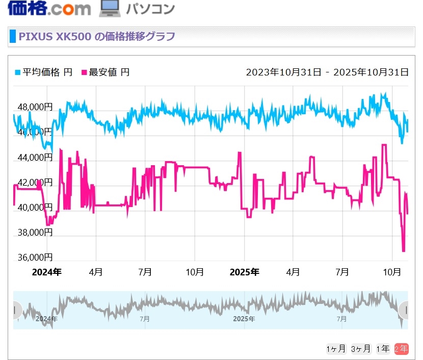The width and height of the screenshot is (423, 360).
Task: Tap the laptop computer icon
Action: tap(109, 8)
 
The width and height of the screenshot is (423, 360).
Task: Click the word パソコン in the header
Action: tap(150, 8)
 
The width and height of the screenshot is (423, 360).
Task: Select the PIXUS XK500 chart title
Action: tap(97, 37)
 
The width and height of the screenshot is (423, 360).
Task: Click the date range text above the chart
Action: tap(327, 72)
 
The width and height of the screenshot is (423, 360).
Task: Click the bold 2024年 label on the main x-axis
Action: tap(46, 272)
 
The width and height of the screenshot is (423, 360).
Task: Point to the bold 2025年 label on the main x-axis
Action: tap(245, 272)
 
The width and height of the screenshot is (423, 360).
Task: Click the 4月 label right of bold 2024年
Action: tap(96, 272)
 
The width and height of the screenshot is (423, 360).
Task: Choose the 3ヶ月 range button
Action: tap(361, 349)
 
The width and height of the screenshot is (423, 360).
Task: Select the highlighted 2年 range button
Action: tap(401, 349)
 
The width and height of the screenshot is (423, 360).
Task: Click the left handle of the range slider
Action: tap(15, 310)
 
